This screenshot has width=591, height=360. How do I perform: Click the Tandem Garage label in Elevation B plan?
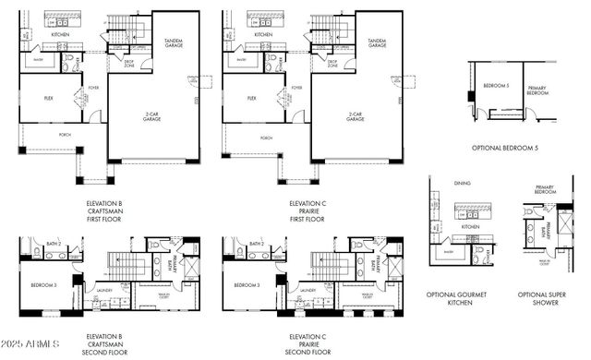[174, 42]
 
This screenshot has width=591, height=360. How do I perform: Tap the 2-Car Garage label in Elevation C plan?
[353, 117]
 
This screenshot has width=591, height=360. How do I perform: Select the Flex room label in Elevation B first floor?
[49, 97]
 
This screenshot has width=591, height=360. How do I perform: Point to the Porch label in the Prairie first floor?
[266, 138]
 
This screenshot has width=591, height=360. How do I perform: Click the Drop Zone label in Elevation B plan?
[130, 65]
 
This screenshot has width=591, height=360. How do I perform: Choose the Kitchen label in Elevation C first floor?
[263, 34]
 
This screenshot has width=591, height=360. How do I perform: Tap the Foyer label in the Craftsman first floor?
[93, 89]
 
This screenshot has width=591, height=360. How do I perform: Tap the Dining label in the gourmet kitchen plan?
[462, 183]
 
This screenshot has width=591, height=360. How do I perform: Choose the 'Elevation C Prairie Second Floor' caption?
[308, 344]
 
